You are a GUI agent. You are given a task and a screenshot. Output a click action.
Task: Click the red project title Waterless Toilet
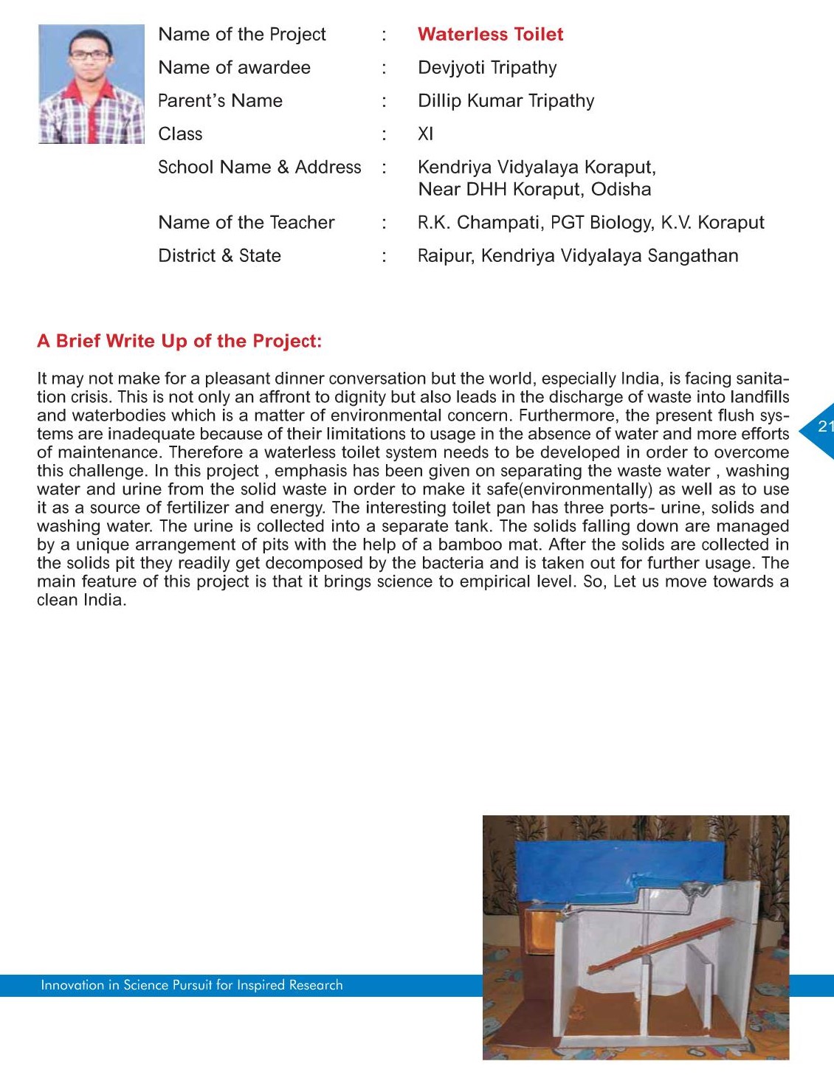(x=490, y=35)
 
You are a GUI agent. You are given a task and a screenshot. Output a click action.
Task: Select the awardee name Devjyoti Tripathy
(x=487, y=68)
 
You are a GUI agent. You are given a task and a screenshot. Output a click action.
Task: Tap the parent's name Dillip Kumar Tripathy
(x=506, y=101)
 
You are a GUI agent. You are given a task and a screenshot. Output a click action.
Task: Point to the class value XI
(x=426, y=134)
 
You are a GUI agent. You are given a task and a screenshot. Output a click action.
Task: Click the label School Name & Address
(x=260, y=167)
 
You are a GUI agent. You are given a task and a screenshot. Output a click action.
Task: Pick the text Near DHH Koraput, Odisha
(x=534, y=190)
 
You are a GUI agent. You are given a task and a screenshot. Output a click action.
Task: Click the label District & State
(x=219, y=256)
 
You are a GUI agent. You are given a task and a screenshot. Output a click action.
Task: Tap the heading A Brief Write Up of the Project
(x=179, y=341)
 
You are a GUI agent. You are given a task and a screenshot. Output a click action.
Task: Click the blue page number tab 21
(x=821, y=427)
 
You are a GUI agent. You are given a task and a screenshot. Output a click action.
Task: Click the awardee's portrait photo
(x=92, y=84)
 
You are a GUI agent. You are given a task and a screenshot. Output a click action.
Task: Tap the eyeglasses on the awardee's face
(x=89, y=55)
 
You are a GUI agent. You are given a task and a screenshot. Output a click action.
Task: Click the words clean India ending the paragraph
(x=80, y=600)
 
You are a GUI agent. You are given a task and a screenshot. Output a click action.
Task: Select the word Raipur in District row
(x=445, y=256)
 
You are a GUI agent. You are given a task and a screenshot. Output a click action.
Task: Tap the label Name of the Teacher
(x=247, y=223)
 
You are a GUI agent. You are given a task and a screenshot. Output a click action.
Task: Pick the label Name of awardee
(x=234, y=68)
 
